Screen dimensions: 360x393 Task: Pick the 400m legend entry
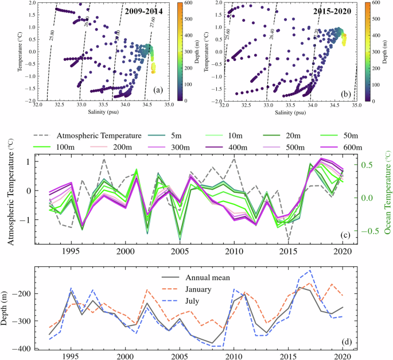[x=228, y=148]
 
